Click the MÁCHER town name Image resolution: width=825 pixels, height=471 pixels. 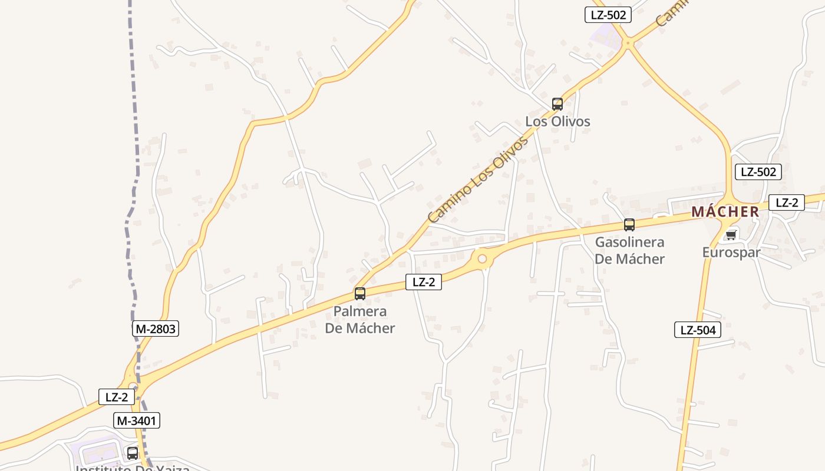pyautogui.click(x=725, y=212)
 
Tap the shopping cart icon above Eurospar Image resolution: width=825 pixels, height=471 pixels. pyautogui.click(x=731, y=235)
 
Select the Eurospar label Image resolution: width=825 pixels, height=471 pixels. pyautogui.click(x=731, y=252)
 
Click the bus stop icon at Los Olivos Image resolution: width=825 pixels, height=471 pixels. pyautogui.click(x=557, y=104)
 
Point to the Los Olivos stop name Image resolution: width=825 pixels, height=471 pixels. pyautogui.click(x=557, y=121)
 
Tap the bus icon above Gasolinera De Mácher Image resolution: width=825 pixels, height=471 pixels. pyautogui.click(x=629, y=224)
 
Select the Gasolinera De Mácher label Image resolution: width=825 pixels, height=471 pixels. pyautogui.click(x=629, y=250)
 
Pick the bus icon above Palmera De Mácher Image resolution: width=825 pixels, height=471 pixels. pyautogui.click(x=360, y=293)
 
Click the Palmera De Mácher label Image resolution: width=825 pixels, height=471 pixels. pyautogui.click(x=360, y=319)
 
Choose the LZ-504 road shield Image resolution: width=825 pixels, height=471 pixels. pyautogui.click(x=698, y=330)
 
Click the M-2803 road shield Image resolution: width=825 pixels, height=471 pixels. pyautogui.click(x=156, y=329)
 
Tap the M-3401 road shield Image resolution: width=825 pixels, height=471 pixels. pyautogui.click(x=137, y=420)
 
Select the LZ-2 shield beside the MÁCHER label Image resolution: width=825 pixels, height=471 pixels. pyautogui.click(x=787, y=203)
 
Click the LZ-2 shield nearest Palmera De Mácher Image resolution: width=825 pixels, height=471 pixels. pyautogui.click(x=423, y=282)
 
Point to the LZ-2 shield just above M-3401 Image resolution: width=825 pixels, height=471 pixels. pyautogui.click(x=116, y=397)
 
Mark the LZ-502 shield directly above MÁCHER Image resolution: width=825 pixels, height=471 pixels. pyautogui.click(x=758, y=172)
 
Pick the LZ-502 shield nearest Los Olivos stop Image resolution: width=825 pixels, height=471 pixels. pyautogui.click(x=608, y=15)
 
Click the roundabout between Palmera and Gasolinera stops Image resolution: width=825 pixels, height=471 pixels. pyautogui.click(x=483, y=258)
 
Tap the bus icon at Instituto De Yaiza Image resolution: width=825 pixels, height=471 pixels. pyautogui.click(x=133, y=453)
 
